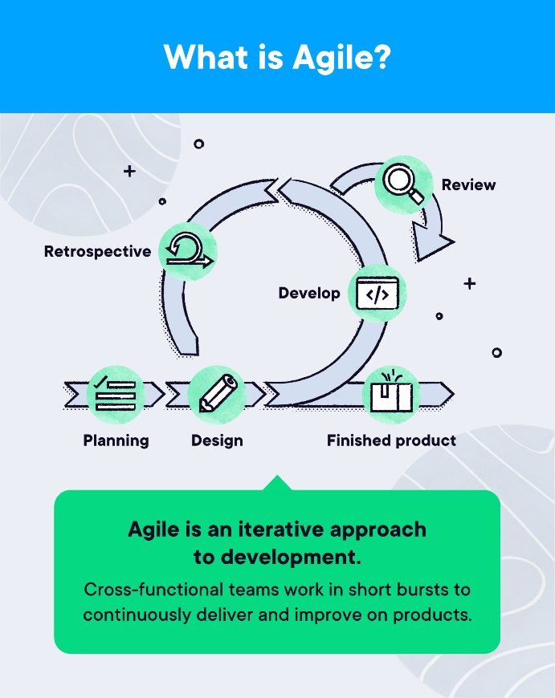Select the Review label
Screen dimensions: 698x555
[x=468, y=185]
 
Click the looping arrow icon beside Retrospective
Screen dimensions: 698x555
[x=188, y=251]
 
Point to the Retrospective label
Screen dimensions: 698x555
[x=97, y=251]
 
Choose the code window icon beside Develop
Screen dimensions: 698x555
[x=377, y=294]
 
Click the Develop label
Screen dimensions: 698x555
[x=309, y=294]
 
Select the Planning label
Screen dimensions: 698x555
[x=116, y=440]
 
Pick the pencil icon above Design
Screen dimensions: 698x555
[x=217, y=394]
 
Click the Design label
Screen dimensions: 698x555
[x=217, y=440]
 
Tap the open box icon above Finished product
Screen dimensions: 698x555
[x=391, y=394]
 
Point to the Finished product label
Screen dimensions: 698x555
[x=391, y=440]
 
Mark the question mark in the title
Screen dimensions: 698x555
[x=382, y=58]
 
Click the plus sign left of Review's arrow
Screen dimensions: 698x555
[x=129, y=172]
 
